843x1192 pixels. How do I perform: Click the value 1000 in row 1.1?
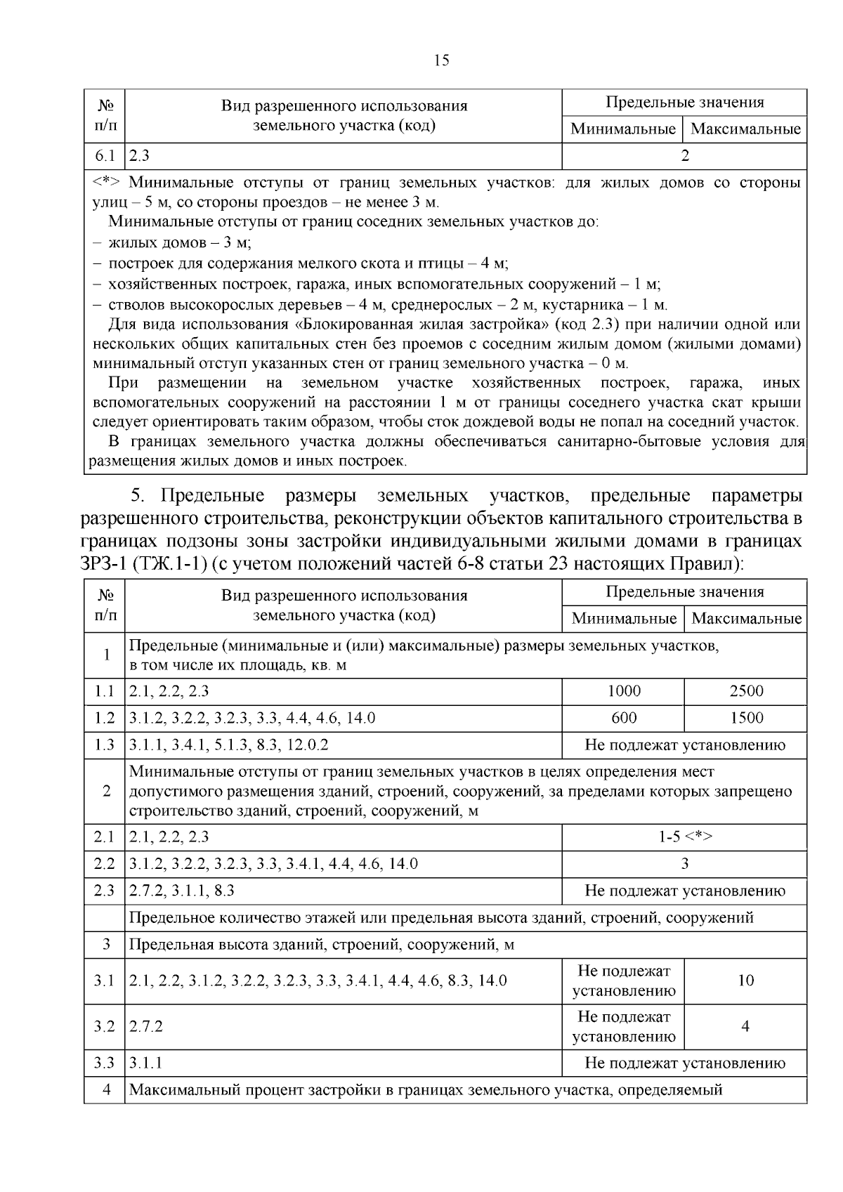click(x=624, y=691)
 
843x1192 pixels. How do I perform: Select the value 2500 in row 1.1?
click(x=745, y=691)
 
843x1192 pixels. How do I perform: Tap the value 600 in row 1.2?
click(x=624, y=718)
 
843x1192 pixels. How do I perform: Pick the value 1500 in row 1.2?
click(x=745, y=718)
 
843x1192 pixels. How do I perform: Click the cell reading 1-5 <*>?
click(x=685, y=837)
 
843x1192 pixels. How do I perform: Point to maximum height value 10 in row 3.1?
click(x=745, y=981)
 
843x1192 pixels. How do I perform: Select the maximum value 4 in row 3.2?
click(x=745, y=1026)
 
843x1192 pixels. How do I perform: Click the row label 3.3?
click(x=105, y=1063)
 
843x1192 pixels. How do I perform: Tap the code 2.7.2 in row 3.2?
click(x=146, y=1026)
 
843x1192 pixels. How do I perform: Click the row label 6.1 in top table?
click(x=105, y=156)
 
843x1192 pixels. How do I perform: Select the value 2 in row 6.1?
click(x=685, y=156)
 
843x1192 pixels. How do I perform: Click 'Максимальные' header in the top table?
click(x=745, y=129)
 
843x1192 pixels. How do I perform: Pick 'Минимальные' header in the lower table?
click(x=624, y=619)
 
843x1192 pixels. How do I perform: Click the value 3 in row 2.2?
click(x=685, y=863)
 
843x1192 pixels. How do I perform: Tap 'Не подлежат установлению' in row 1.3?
click(x=685, y=745)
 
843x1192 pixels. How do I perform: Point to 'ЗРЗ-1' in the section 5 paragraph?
click(x=104, y=563)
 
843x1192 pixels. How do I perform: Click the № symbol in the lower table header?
click(x=105, y=595)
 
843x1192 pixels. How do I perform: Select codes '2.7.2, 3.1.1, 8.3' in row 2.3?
click(x=182, y=891)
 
